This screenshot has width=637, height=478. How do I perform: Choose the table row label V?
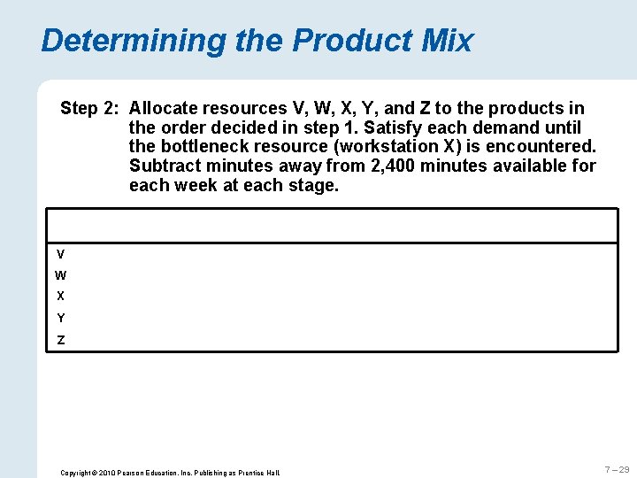pyautogui.click(x=60, y=254)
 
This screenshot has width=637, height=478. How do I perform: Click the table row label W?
pyautogui.click(x=60, y=275)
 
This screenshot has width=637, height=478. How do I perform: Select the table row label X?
pyautogui.click(x=60, y=297)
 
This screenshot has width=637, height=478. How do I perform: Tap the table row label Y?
pyautogui.click(x=60, y=318)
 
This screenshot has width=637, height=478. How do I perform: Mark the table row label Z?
pyautogui.click(x=60, y=340)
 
